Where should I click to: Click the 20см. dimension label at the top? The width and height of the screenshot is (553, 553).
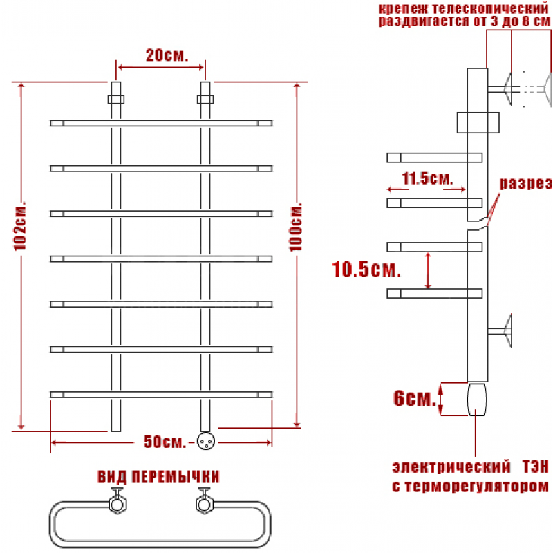(167, 55)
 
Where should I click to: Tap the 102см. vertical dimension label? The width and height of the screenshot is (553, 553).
(21, 226)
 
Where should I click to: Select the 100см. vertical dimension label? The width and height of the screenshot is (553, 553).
(296, 227)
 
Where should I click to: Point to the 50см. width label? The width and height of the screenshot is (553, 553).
(165, 442)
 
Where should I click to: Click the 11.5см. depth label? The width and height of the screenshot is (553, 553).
(427, 179)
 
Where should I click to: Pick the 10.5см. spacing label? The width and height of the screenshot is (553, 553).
(366, 270)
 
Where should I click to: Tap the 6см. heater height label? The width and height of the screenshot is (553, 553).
(414, 399)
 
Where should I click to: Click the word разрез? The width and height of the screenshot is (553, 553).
(526, 183)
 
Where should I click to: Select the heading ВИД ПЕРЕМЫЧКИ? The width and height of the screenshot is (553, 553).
(158, 477)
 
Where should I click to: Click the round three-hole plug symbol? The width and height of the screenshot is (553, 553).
(205, 441)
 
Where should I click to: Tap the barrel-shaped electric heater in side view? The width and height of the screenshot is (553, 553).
(477, 400)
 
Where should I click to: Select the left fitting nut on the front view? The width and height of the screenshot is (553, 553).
(116, 100)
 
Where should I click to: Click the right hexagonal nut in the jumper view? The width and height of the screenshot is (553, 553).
(205, 504)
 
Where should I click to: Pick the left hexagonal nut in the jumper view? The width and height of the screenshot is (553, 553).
(117, 504)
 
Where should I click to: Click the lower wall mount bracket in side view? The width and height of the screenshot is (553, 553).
(500, 331)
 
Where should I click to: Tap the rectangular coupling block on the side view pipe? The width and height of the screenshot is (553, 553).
(478, 123)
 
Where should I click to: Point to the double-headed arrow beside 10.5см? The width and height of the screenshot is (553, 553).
(428, 270)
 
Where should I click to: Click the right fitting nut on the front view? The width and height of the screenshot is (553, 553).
(205, 100)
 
